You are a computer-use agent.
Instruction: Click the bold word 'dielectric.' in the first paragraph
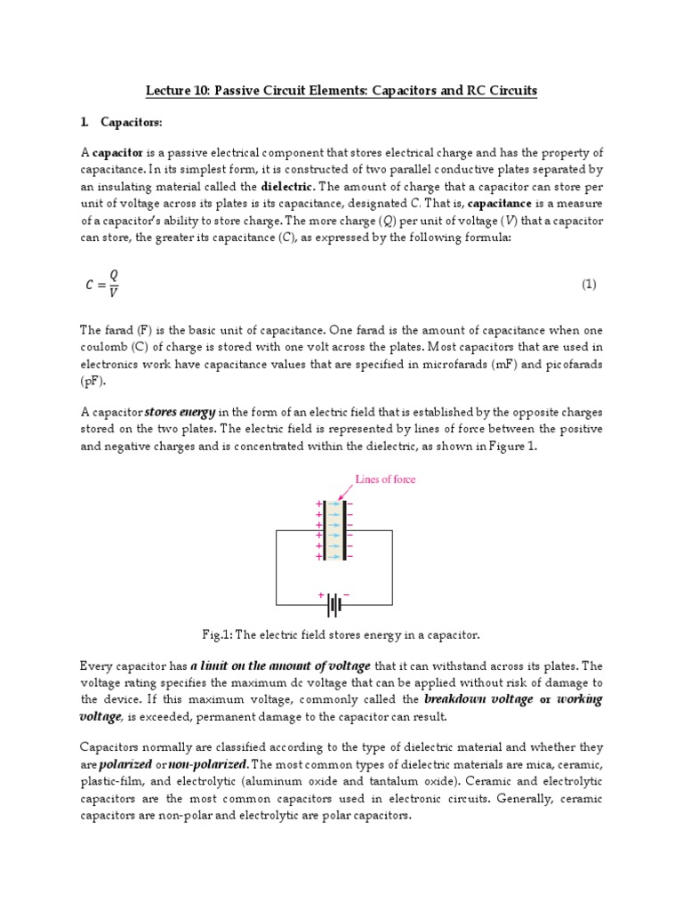tap(287, 187)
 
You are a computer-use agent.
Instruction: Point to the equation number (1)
tap(589, 285)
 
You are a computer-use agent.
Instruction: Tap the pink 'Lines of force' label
tap(385, 479)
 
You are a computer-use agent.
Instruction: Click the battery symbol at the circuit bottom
tap(334, 605)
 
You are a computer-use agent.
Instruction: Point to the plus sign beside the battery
tap(320, 593)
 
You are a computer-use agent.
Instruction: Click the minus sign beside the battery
tap(347, 593)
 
